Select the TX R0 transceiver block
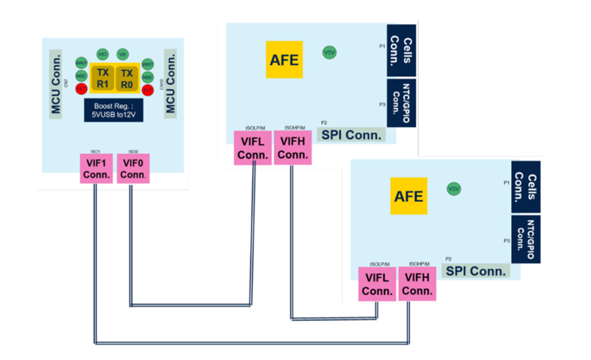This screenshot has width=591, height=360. (127, 78)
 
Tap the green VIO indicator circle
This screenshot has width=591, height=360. (103, 54)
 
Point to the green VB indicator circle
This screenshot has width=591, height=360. (123, 54)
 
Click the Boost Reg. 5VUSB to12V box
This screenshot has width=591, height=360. (113, 110)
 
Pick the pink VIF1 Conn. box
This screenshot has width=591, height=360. (96, 169)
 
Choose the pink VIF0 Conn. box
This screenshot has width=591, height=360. (133, 169)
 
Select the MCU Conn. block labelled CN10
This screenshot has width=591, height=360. (170, 82)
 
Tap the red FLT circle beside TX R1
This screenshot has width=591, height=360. (81, 88)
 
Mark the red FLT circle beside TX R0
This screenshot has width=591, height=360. (148, 89)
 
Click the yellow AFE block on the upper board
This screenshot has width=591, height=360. (284, 59)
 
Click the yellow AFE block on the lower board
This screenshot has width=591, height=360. (409, 196)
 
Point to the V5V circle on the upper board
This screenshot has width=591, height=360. (329, 52)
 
